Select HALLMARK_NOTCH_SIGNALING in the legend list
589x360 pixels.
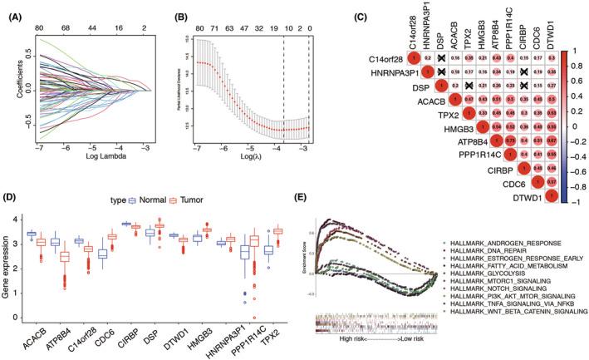(x=501, y=285)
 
